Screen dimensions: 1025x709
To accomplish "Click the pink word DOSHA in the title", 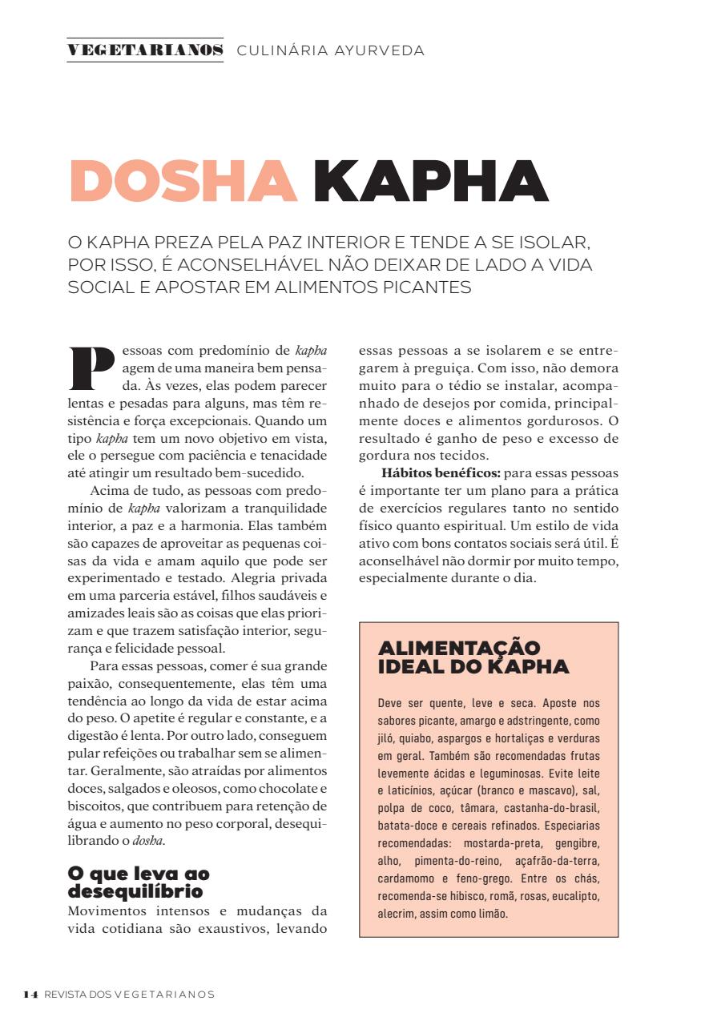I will pos(183,181).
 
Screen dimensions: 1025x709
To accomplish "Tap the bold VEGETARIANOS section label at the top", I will pos(145,50).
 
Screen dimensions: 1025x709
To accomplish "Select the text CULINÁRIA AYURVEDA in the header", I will pos(330,50).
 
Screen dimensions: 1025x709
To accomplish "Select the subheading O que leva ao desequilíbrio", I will pos(139,882).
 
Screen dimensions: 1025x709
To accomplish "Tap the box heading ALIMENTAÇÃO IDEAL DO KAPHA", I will pos(473,657).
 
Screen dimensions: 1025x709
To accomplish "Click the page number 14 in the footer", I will pos(30,994).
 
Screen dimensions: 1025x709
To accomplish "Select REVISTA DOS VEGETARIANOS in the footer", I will pos(130,994).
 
